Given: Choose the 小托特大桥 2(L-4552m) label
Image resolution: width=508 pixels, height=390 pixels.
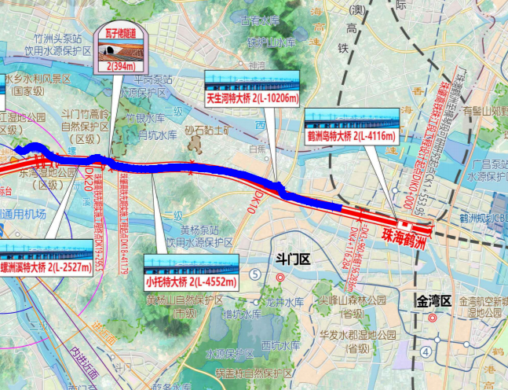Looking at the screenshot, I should tap(190, 281).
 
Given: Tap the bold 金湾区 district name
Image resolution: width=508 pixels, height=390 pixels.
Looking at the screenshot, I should tap(433, 300).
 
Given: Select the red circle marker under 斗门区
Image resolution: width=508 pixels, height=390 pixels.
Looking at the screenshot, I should tap(279, 278).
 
